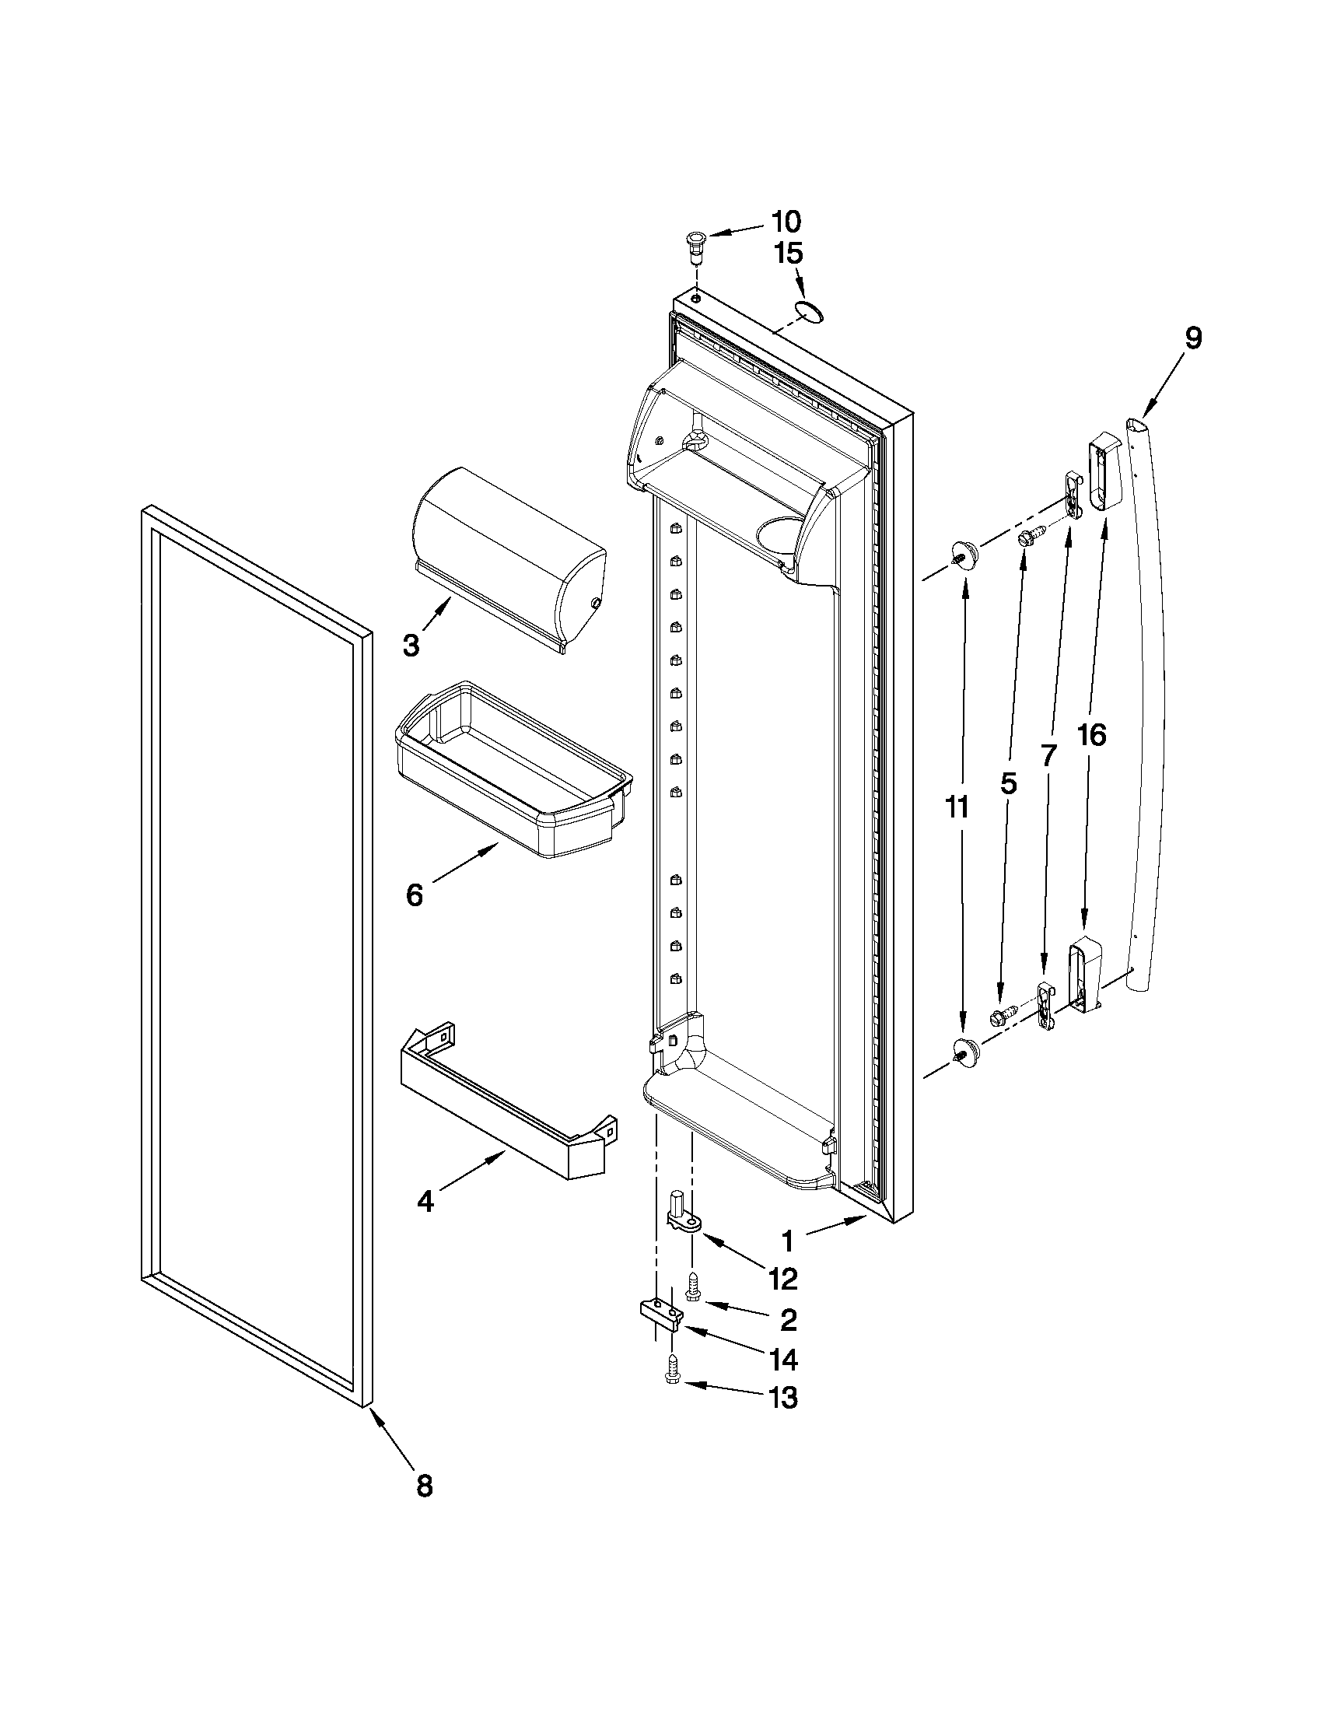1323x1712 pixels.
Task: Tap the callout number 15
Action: (789, 254)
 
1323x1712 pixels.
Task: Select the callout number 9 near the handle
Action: (1192, 338)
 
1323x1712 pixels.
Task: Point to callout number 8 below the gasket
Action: (424, 1486)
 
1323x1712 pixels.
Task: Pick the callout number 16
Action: (1091, 735)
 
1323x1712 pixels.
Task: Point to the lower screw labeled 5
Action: (1003, 1017)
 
